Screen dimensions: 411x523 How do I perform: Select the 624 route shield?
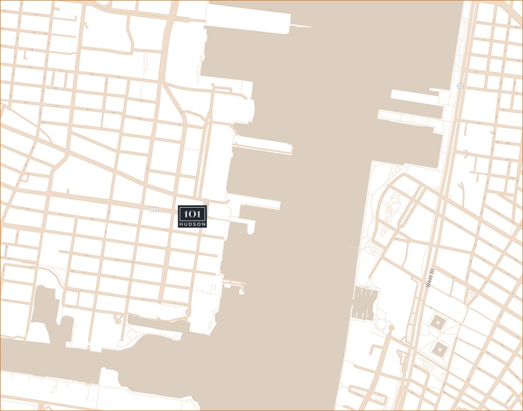[x=154, y=209]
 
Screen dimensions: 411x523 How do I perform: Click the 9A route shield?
[x=460, y=86]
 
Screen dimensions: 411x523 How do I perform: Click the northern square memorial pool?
[x=438, y=323]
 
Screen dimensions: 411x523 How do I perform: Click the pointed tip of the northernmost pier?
[x=309, y=26]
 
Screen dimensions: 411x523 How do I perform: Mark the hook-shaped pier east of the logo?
[x=249, y=225]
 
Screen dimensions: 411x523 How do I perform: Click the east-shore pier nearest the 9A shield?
[x=416, y=95]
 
